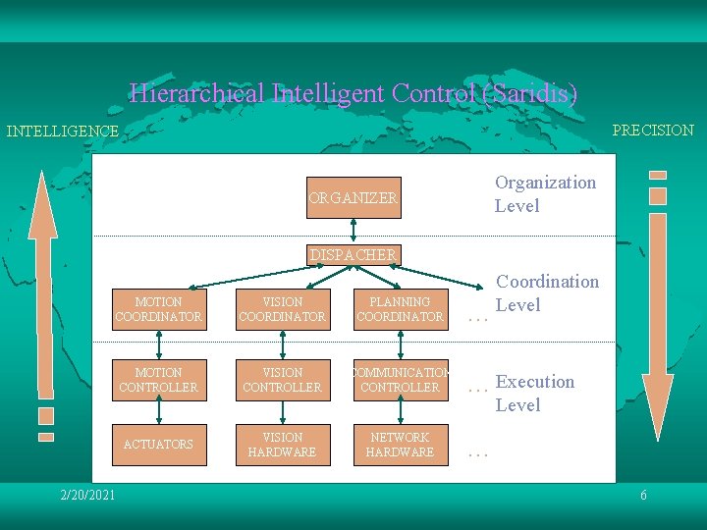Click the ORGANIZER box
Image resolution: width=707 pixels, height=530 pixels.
[x=353, y=197]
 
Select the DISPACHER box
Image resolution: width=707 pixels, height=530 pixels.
[x=353, y=255]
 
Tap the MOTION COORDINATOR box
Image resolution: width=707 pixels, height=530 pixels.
[x=158, y=309]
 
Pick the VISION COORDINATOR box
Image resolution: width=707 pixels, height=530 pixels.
[x=282, y=309]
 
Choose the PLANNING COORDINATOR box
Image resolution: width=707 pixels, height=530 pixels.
[x=400, y=309]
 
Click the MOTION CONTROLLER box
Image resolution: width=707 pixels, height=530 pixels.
[x=158, y=380]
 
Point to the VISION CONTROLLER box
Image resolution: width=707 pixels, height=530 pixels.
[x=282, y=380]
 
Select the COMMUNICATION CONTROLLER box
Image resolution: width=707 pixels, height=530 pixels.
[x=400, y=380]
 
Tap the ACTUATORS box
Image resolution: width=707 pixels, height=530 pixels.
[x=158, y=445]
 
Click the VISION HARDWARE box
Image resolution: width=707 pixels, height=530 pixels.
[x=282, y=445]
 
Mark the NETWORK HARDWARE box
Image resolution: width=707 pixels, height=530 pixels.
[x=400, y=445]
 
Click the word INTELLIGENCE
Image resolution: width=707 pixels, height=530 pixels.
[x=62, y=131]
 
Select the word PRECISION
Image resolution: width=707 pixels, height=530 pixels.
[x=653, y=130]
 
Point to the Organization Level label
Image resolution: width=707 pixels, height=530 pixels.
[x=545, y=193]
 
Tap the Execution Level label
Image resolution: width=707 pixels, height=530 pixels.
[x=534, y=393]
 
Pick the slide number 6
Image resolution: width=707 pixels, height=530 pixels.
[x=643, y=495]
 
